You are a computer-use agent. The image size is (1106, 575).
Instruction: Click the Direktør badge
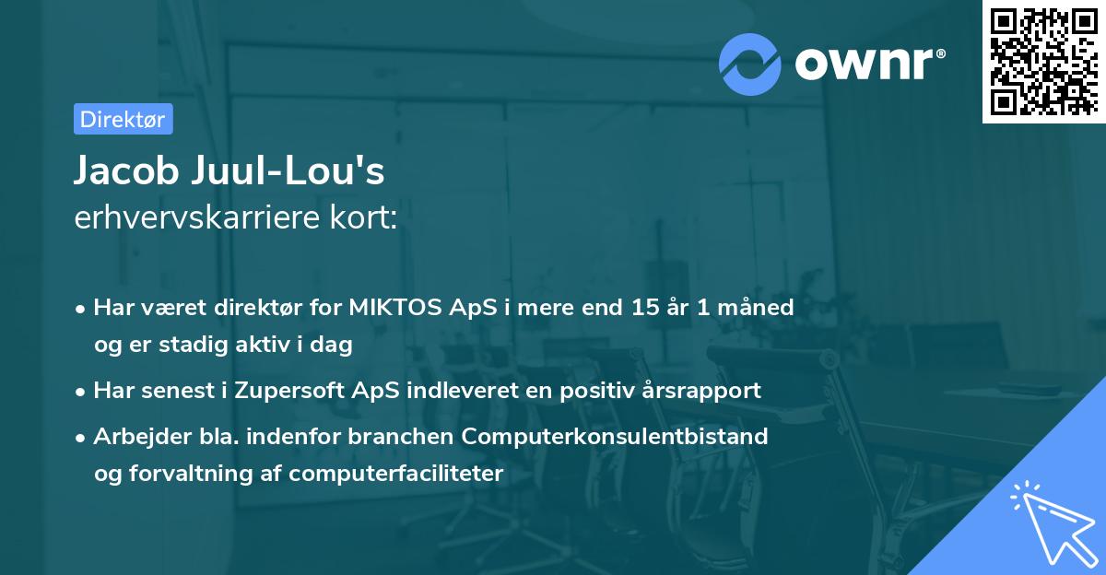123,119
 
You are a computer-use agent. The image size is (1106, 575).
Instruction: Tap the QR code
1042,62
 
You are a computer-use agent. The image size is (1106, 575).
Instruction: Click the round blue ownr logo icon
750,64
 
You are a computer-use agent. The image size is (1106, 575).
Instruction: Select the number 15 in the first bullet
639,307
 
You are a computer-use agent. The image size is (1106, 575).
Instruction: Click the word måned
758,307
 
